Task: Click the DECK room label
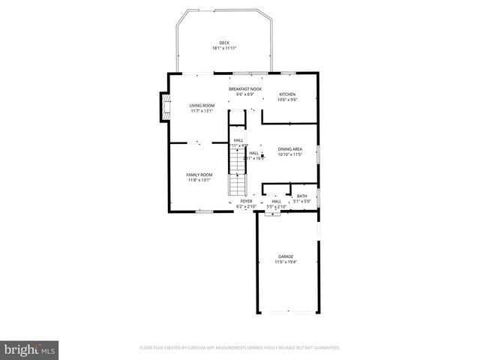coord(224,43)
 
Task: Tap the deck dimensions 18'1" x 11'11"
coord(224,48)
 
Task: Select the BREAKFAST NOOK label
coord(245,89)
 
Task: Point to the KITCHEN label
coord(288,94)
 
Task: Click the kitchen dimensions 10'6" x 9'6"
coord(288,99)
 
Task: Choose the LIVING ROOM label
coord(201,106)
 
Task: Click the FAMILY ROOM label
coord(199,175)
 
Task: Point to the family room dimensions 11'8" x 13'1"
coord(199,180)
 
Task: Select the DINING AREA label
coord(289,149)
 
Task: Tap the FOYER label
coord(246,201)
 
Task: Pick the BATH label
coord(301,196)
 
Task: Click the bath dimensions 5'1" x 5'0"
coord(301,201)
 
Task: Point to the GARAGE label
coord(286,256)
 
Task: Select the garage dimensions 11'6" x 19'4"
coord(286,262)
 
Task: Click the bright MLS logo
coord(30,349)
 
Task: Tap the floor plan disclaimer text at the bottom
coord(240,347)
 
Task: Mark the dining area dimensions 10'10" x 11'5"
coord(289,154)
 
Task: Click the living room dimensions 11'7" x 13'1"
coord(201,111)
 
